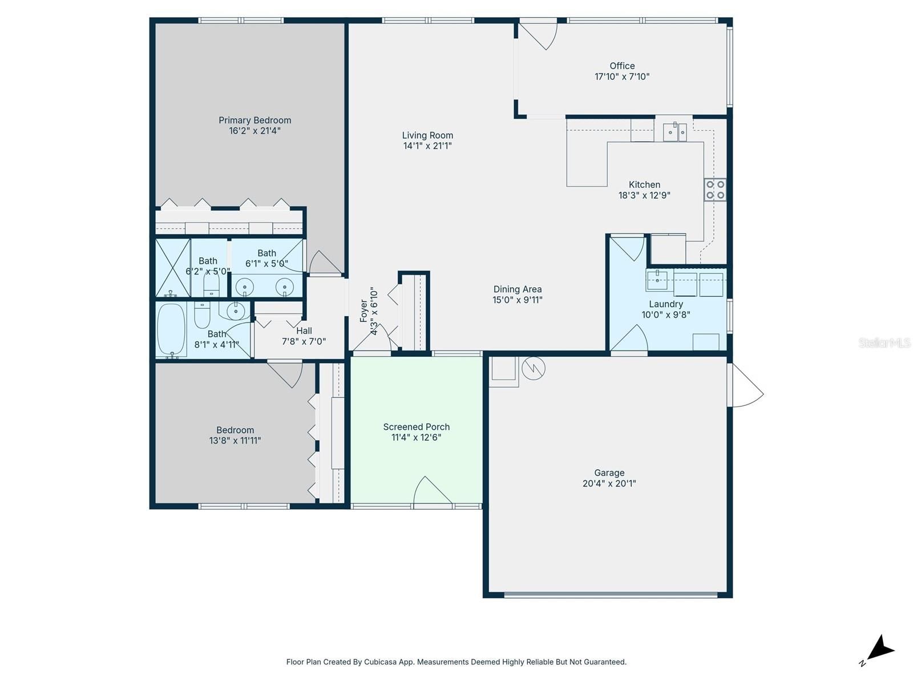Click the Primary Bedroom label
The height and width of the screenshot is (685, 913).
pos(254,120)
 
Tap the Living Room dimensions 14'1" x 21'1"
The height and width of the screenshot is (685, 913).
pos(427,146)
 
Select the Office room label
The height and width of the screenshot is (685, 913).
pos(622,66)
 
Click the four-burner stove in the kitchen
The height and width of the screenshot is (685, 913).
pos(715,190)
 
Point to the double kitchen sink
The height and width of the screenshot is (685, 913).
pos(674,132)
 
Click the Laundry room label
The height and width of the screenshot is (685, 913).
pos(665,304)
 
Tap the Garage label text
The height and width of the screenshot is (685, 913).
pos(609,473)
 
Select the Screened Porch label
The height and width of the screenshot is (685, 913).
pos(417,427)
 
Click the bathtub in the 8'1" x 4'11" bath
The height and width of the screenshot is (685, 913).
pos(171,329)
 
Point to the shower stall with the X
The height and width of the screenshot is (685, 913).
pos(173,267)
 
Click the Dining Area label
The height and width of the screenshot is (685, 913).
pos(518,289)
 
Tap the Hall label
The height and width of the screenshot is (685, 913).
pos(304,331)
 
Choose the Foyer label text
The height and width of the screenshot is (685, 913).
pos(363,311)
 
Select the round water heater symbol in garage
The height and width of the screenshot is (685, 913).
pos(533,368)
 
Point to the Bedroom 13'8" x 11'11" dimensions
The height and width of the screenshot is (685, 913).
pos(235,441)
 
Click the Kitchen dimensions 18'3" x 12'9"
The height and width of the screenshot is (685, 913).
pos(644,195)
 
